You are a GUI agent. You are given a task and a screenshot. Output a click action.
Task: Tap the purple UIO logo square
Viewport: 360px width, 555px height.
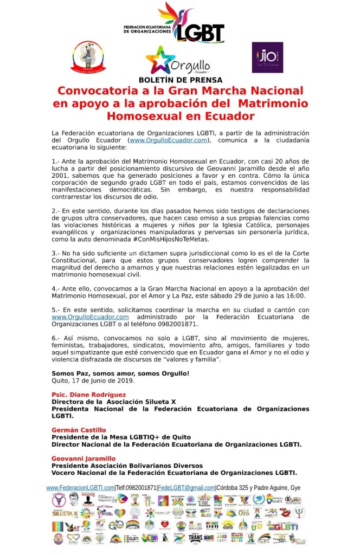click(267, 57)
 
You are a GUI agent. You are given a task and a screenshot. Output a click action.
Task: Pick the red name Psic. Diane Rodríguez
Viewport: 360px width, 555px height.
click(88, 394)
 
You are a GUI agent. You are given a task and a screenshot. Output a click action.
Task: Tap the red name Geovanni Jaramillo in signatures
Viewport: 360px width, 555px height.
click(83, 458)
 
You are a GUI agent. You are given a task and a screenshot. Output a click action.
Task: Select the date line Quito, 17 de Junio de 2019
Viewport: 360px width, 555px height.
click(93, 380)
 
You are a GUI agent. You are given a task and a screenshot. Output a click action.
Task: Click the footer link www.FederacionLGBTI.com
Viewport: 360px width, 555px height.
click(80, 487)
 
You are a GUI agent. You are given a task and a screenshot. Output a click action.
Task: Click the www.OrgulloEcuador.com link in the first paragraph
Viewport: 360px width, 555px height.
click(169, 140)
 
